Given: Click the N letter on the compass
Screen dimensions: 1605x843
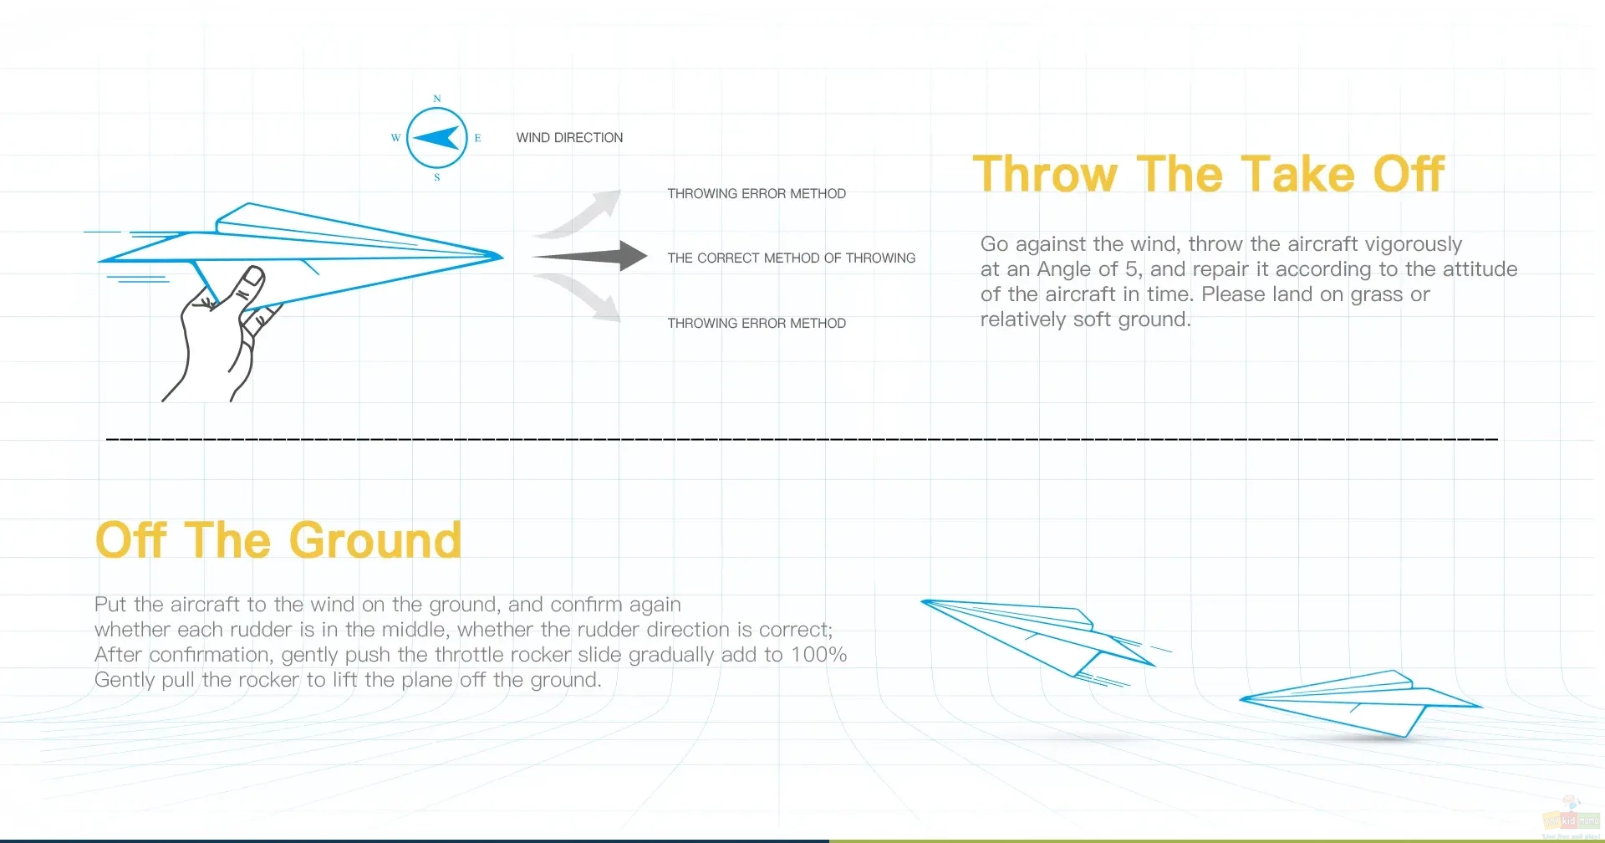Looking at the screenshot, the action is (x=437, y=99).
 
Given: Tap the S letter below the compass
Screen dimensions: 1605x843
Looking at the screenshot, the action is (x=437, y=177).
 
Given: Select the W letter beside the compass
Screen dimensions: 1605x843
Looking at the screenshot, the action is (x=396, y=138).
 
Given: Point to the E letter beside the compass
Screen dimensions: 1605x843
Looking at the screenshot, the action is (x=477, y=138).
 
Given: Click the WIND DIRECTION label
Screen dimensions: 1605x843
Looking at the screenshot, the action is (x=569, y=138).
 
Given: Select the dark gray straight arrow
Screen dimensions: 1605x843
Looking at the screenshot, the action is (x=590, y=256).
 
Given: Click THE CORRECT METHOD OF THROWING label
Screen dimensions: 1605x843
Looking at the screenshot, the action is (x=791, y=258).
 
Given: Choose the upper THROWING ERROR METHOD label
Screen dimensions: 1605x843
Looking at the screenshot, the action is (x=757, y=194).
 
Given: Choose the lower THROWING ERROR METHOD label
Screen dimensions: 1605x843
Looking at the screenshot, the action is (x=757, y=324).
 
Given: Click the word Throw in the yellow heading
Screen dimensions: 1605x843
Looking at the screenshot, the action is (x=1046, y=174).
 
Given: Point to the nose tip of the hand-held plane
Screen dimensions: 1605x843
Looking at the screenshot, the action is (x=502, y=257).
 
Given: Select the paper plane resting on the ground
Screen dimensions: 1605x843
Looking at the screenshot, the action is (x=1361, y=703).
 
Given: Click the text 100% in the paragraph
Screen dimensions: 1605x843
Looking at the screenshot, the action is (x=818, y=655).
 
